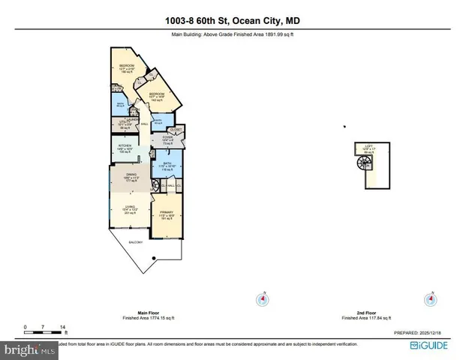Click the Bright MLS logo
click(29, 349)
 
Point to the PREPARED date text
click(421, 333)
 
